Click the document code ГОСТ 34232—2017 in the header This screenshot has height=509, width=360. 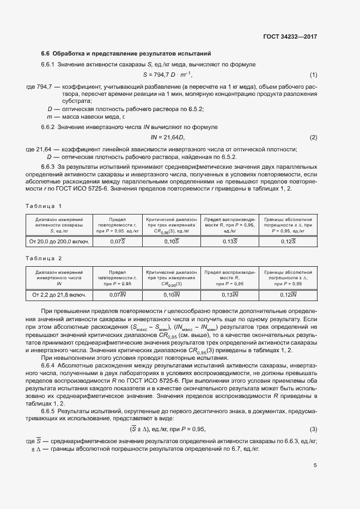coord(290,37)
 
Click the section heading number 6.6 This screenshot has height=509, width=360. coord(46,53)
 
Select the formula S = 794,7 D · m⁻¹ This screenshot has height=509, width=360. coord(168,75)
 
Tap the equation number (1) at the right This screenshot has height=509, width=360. coord(313,75)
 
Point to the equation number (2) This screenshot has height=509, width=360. coord(313,137)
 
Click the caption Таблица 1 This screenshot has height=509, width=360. coord(44,205)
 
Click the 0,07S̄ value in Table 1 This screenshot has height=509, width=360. coord(117,241)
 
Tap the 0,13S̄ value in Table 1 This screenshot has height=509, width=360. coord(229,241)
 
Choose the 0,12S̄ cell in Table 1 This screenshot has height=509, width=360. coord(288,241)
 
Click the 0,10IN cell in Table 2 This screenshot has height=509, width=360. coord(172,295)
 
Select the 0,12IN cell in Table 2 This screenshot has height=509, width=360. coord(288,295)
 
